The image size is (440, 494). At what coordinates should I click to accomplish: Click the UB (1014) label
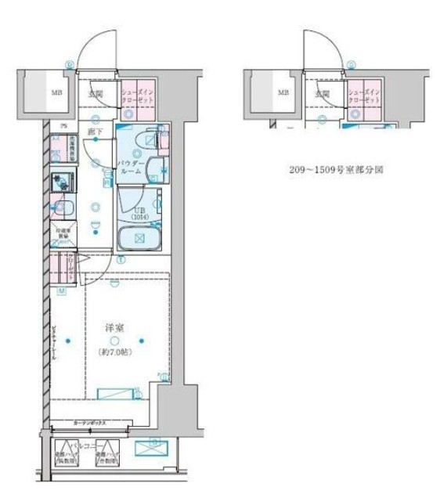(139, 214)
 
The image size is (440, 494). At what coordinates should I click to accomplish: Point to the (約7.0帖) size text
(115, 353)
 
